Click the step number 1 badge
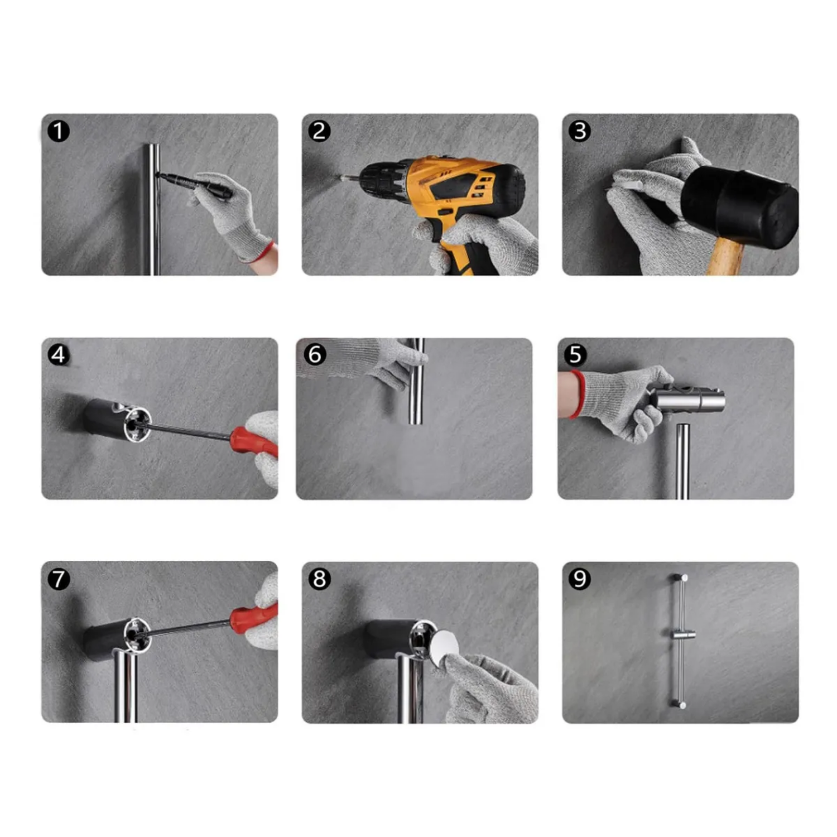59,131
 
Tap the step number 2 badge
319,131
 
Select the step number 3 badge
580,131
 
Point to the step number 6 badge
315,354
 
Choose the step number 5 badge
575,354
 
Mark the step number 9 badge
580,579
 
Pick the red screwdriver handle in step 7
254,617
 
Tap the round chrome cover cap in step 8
444,647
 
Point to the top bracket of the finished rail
679,578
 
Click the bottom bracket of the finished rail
679,705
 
